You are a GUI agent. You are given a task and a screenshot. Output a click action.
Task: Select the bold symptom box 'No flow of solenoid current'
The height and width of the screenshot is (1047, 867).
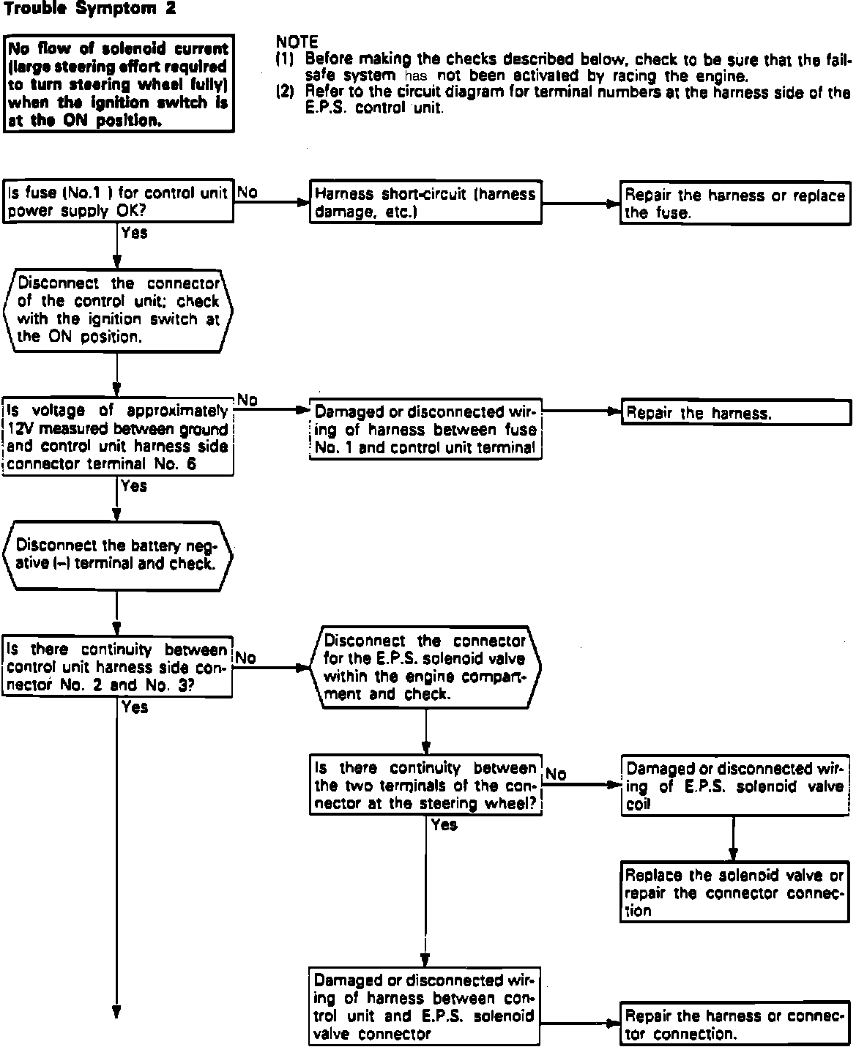coord(119,83)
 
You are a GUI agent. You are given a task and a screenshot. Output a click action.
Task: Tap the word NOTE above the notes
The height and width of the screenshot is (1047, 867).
coord(297,42)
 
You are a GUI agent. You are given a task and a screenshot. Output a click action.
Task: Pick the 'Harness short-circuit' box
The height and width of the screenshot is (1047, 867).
coord(425,203)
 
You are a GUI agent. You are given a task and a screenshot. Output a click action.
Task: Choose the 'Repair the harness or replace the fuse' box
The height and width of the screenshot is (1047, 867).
coord(735,204)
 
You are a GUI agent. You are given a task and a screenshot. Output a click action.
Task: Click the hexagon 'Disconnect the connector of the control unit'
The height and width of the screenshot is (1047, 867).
coord(117,310)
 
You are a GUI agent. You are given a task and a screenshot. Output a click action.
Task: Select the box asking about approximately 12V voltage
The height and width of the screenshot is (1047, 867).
coord(118,437)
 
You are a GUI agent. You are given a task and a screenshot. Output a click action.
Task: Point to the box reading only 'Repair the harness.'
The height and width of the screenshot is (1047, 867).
coord(735,413)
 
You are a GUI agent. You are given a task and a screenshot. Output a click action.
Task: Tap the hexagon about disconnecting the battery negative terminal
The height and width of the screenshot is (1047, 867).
coord(117,554)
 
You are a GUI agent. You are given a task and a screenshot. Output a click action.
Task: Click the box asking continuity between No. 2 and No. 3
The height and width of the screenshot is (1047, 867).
coord(117,667)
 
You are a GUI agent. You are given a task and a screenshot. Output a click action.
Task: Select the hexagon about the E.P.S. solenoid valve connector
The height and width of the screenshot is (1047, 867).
coord(425,667)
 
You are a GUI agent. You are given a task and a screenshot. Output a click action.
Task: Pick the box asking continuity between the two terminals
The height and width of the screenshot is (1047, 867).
coord(425,786)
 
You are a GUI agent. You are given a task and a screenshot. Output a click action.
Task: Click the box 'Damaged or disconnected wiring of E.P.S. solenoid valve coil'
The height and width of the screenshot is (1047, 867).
coord(735,786)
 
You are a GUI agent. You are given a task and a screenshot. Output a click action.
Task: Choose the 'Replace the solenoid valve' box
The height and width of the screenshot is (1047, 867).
coord(735,893)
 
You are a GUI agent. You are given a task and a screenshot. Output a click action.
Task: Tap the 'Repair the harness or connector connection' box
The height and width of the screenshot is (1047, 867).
coord(735,1024)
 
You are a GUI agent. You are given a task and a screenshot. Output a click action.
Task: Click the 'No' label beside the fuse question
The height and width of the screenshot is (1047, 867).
coord(248,193)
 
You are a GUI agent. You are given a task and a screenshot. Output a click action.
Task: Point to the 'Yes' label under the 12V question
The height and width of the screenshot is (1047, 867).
coord(134,486)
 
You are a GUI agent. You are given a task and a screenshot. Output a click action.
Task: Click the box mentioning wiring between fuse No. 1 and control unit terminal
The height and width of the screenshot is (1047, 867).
coord(425,430)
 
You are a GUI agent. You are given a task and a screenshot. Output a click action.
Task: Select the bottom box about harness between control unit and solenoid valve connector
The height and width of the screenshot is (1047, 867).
coord(425,1007)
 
